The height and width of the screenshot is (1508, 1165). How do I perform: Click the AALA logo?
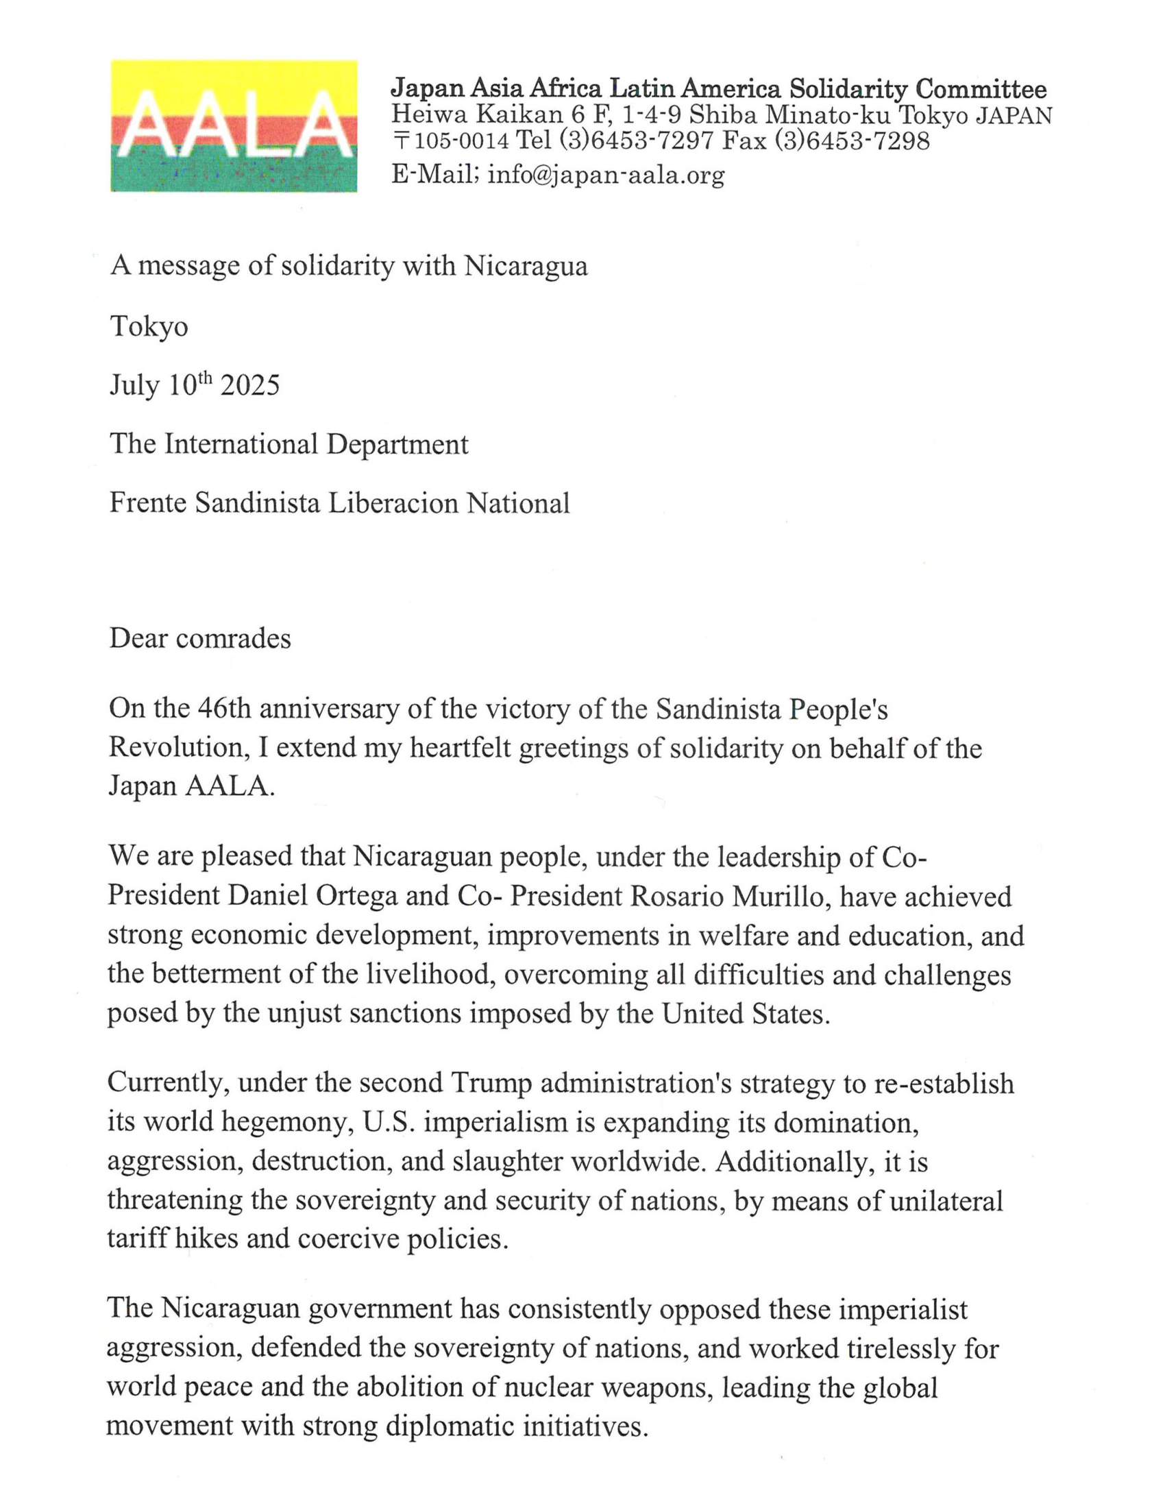tap(233, 125)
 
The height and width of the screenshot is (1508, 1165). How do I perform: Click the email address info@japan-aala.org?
tap(606, 174)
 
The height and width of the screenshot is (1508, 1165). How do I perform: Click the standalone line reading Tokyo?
tap(149, 326)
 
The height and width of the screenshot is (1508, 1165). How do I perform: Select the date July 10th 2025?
tap(194, 385)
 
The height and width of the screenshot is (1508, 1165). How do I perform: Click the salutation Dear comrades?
tap(199, 638)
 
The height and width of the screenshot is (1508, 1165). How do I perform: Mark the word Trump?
tap(491, 1083)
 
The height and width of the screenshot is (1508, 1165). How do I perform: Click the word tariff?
tap(136, 1238)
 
